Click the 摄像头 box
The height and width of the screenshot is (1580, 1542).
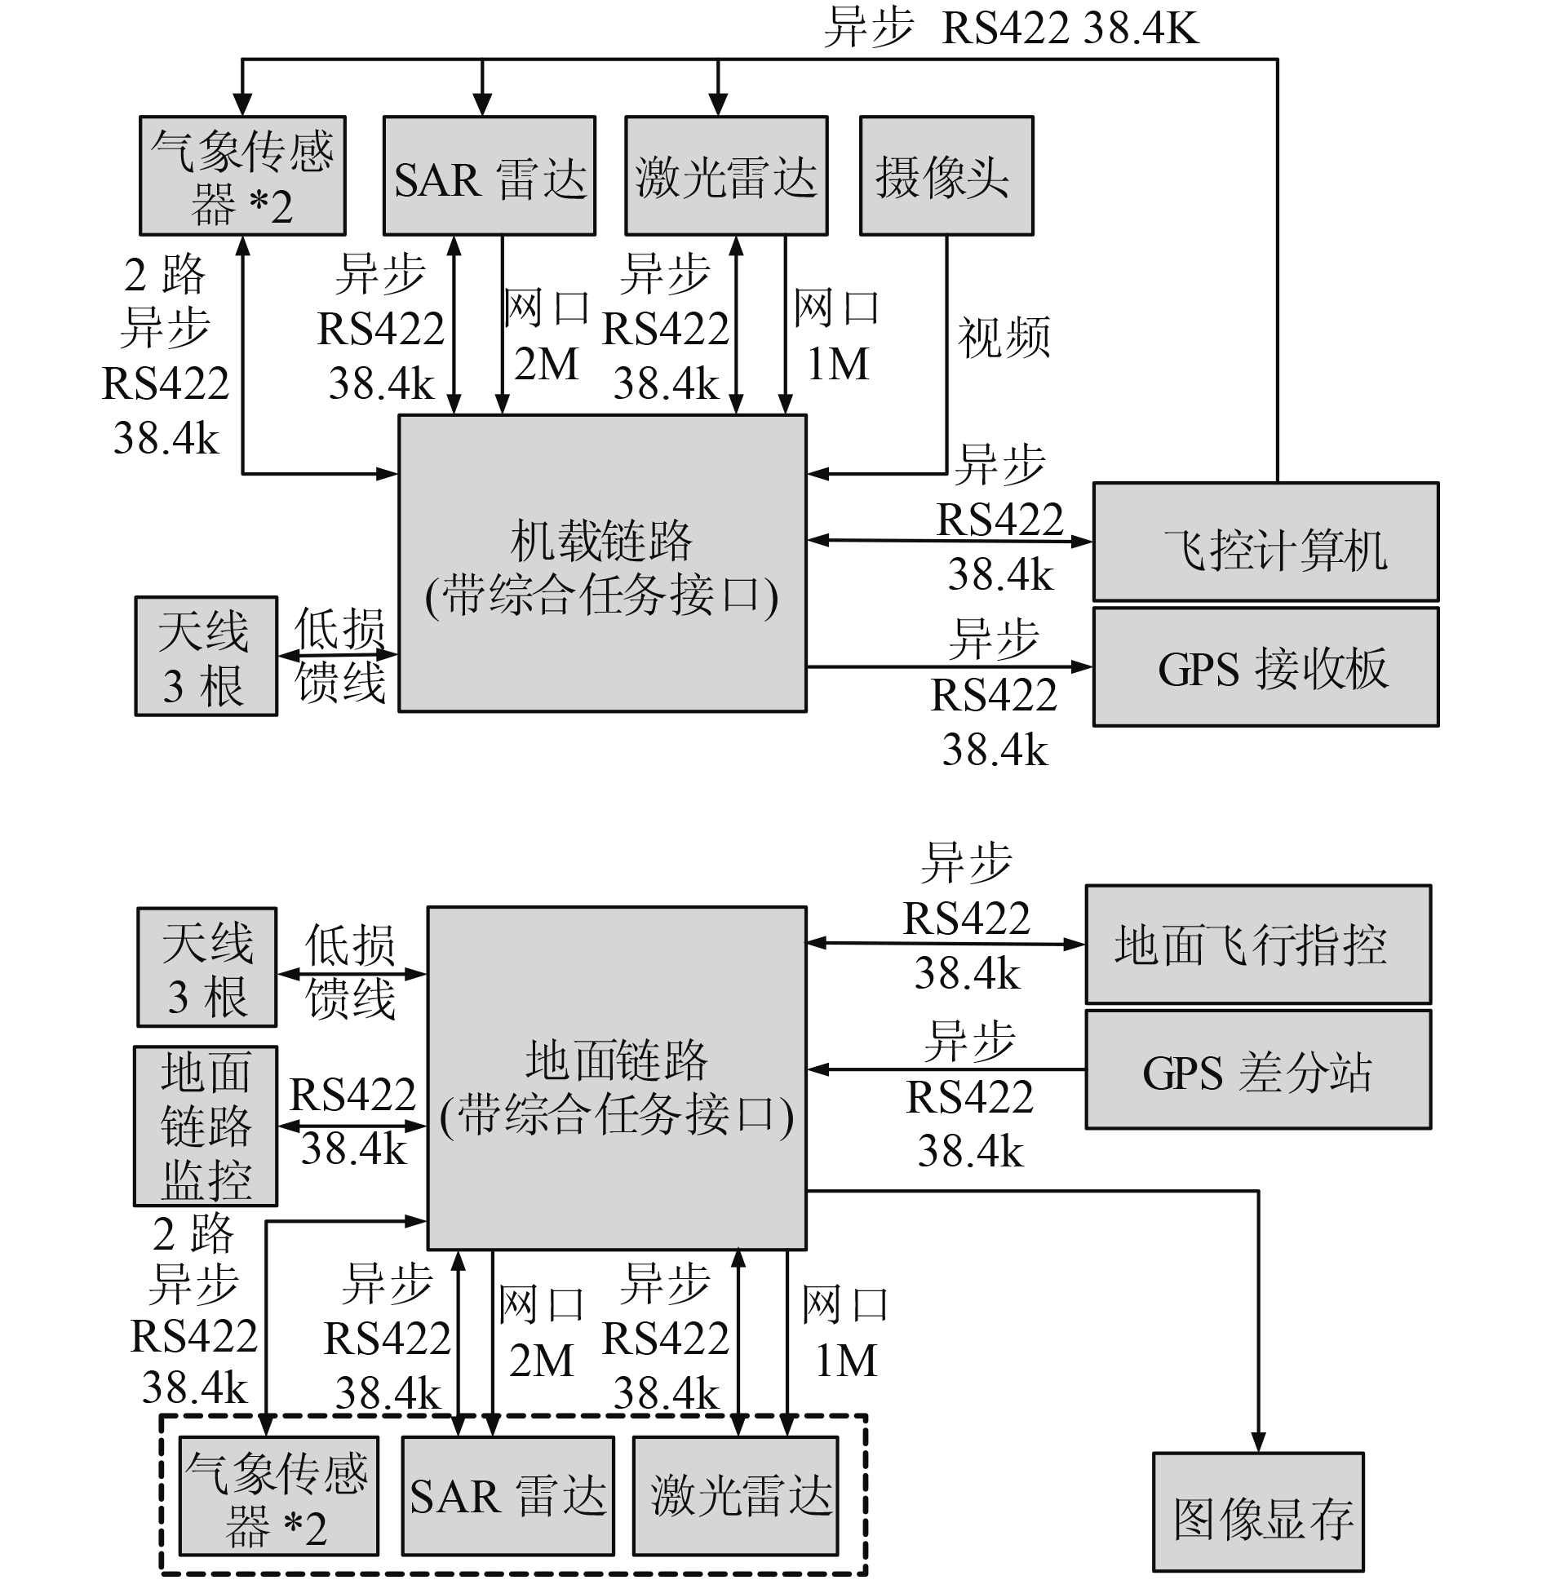(946, 175)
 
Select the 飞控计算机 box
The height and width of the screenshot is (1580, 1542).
(1265, 542)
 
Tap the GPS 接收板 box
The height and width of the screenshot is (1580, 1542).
(1265, 666)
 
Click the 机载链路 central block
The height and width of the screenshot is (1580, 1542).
(602, 563)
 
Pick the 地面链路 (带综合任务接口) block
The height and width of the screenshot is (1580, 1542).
(617, 1078)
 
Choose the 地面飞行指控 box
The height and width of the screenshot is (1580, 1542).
(1257, 944)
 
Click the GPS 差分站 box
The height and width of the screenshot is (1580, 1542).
(1257, 1069)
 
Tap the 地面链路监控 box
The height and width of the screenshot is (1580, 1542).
(206, 1126)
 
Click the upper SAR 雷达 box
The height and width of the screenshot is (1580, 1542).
(490, 175)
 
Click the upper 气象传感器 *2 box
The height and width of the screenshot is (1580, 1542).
(242, 175)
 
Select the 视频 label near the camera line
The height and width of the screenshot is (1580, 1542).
(1004, 338)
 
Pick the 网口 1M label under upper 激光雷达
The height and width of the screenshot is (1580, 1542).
(837, 336)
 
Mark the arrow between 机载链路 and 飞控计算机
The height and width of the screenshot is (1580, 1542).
(950, 540)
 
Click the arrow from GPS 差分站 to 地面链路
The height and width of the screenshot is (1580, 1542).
(946, 1069)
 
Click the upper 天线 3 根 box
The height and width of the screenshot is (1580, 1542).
(206, 656)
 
